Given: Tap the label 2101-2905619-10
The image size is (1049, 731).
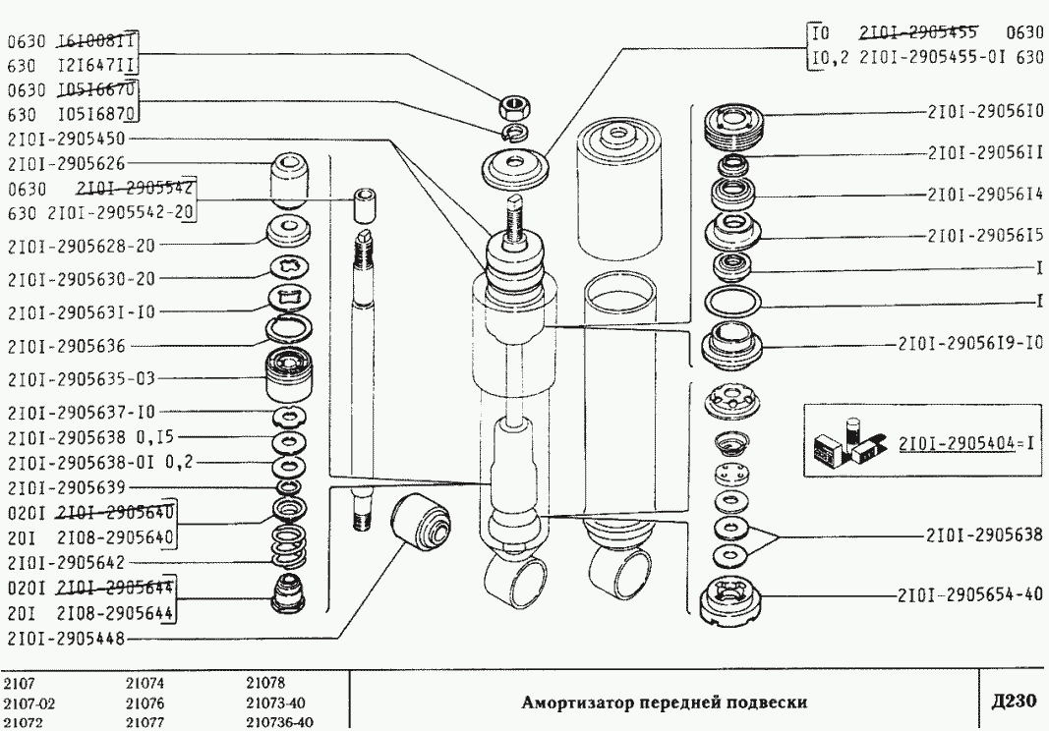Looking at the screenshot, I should coord(969,343).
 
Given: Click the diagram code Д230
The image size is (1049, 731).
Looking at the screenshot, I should coord(1013,701).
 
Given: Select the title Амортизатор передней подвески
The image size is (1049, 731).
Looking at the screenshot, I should coord(664,702).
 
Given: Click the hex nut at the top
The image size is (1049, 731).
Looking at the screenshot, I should coord(514,104).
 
